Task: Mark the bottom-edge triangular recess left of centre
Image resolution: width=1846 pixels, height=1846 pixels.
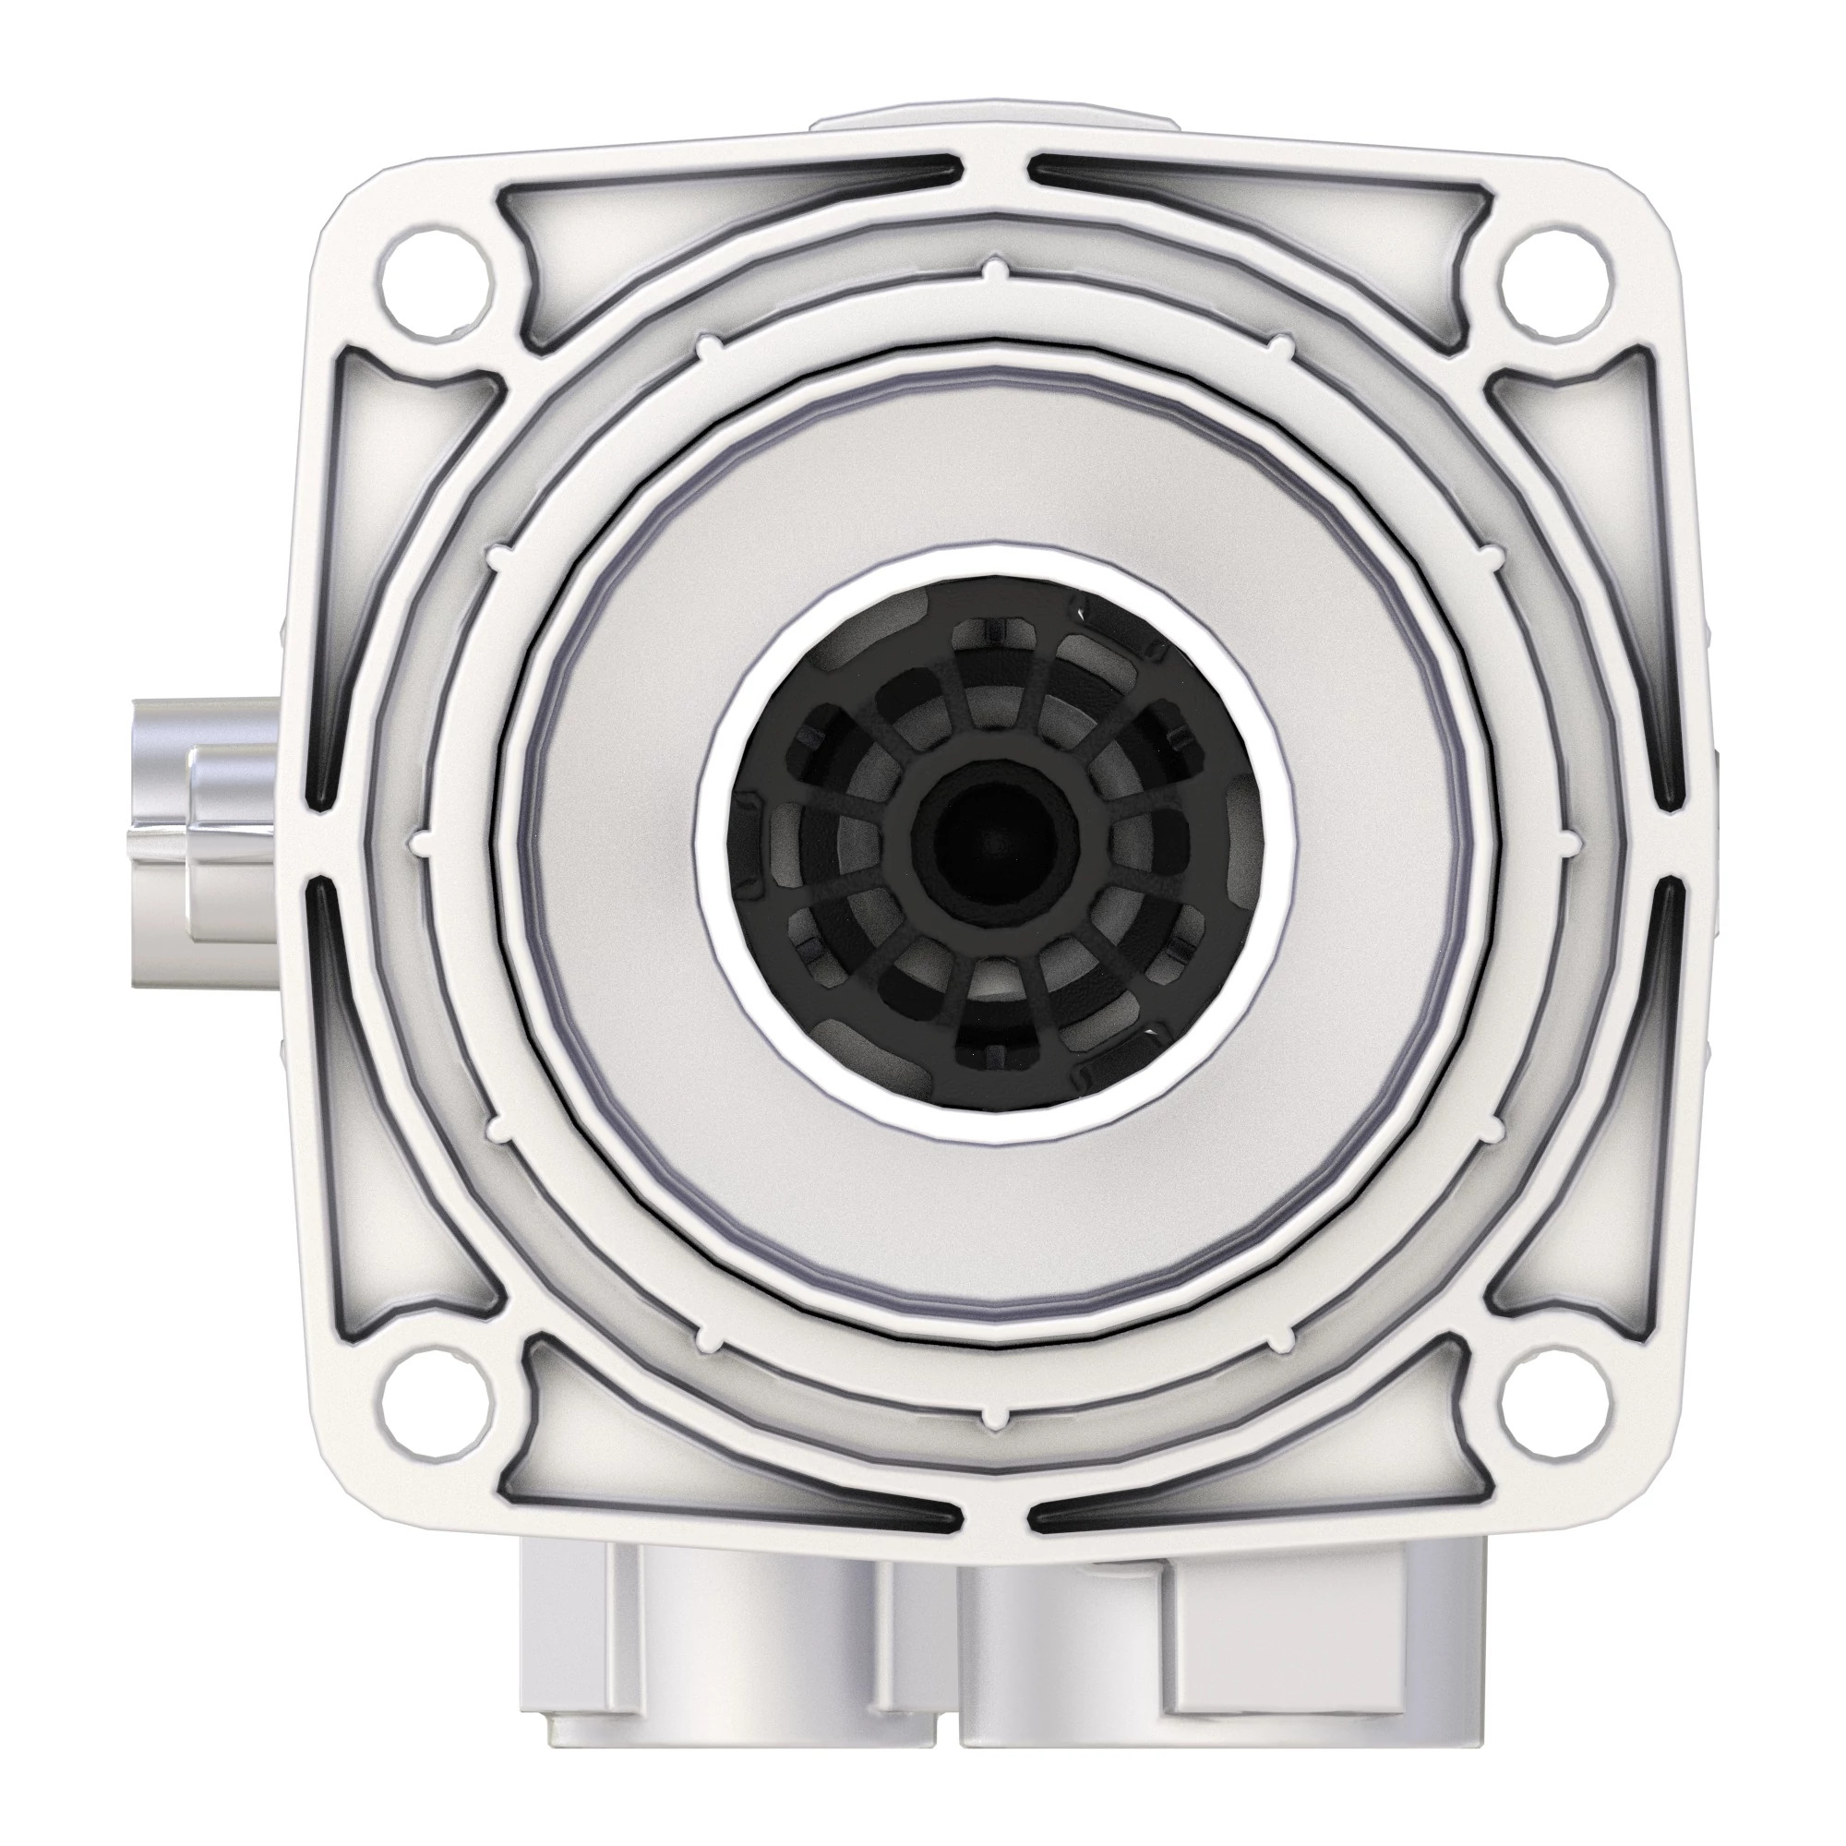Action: click(707, 1476)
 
